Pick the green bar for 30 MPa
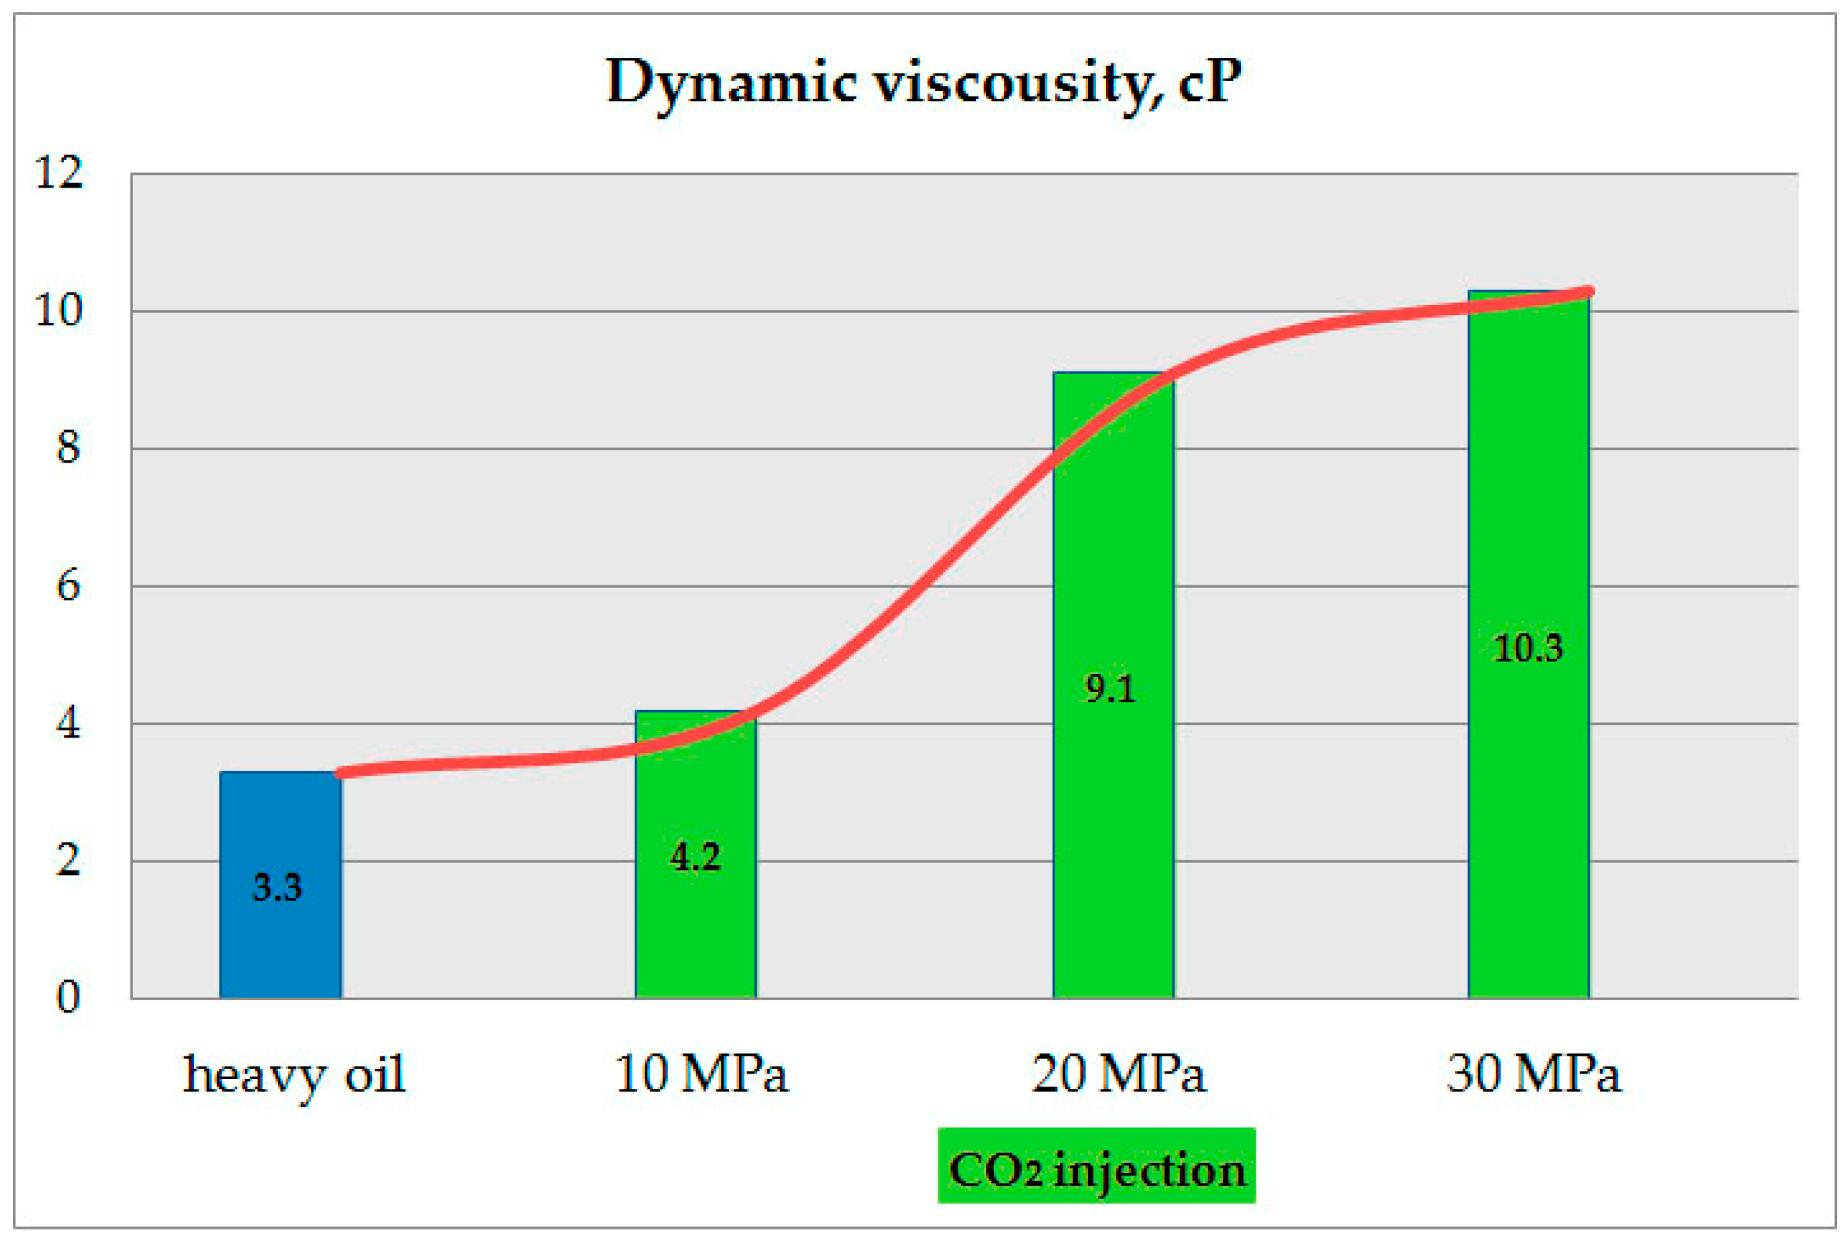coord(1528,794)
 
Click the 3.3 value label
coord(277,887)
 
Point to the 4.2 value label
coord(695,857)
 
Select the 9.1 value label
coord(1110,688)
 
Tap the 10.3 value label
coord(1528,648)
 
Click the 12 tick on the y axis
coord(59,171)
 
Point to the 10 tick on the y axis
coord(59,310)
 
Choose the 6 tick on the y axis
coord(68,587)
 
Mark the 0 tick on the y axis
coord(68,997)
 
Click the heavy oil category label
coord(293,1076)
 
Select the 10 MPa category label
coord(701,1074)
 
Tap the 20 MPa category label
coord(1117,1074)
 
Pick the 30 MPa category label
coord(1533,1074)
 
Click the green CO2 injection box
coord(1097,1171)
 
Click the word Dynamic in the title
coord(731,82)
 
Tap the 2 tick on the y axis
coord(68,860)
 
